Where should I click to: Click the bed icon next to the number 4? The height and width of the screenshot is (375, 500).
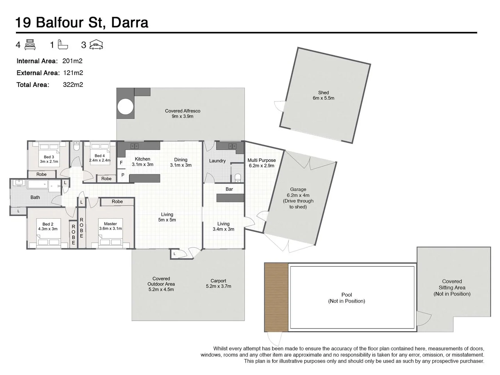pos(30,45)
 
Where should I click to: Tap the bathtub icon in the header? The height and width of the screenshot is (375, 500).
pos(63,44)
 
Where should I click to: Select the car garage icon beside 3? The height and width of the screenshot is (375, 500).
pos(96,45)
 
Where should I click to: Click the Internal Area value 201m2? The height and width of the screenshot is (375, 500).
pos(72,61)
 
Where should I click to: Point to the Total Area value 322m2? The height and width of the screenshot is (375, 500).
pos(73,85)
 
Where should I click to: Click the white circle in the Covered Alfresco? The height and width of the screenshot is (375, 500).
pos(125,107)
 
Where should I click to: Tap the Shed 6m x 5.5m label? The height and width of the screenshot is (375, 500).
pos(323,95)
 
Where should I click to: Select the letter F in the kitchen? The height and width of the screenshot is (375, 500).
pos(121,162)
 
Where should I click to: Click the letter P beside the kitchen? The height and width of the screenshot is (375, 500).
pos(123,175)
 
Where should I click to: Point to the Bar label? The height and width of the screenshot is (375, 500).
pos(229,189)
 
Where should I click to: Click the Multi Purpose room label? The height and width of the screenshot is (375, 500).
pos(261,163)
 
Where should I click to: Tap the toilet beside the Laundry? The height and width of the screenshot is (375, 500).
pos(238,178)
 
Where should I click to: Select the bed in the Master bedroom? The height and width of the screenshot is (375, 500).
pos(111,241)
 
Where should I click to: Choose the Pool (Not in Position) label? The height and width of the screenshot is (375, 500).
pos(347,298)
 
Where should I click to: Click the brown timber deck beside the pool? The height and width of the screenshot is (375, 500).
pos(276,297)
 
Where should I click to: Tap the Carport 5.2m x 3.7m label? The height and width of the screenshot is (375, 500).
pos(218,284)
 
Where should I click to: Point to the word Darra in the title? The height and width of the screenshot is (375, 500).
pos(130,23)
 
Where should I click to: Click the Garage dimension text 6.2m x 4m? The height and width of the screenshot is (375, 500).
pos(298,195)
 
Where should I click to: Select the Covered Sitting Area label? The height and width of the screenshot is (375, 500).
pos(452,287)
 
